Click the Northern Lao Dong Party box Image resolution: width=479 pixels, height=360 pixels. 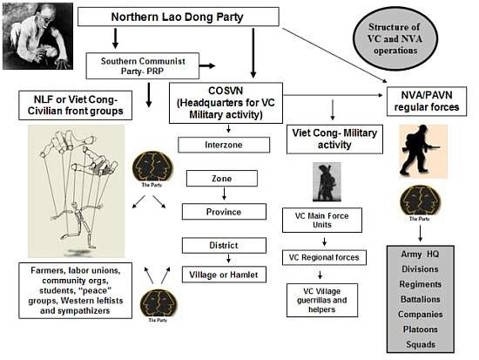tap(179, 17)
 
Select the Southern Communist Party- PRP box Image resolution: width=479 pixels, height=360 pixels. tap(143, 65)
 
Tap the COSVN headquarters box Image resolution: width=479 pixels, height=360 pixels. tap(226, 103)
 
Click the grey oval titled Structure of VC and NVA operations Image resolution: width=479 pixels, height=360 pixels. tap(395, 39)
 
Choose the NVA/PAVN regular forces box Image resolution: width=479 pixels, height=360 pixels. tap(427, 101)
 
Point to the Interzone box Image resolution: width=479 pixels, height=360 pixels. tap(224, 145)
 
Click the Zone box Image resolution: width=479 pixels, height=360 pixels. tap(222, 179)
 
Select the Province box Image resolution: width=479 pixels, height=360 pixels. tap(224, 212)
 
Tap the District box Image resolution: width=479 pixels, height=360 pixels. tap(224, 245)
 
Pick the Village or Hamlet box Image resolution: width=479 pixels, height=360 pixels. tap(224, 275)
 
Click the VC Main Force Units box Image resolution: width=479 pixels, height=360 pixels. tap(322, 220)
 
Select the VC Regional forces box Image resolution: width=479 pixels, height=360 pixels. tap(324, 257)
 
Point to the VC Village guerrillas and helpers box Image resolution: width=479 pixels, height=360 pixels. tap(322, 300)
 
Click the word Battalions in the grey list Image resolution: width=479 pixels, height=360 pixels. tap(421, 299)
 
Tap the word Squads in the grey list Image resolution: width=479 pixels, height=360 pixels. tap(421, 344)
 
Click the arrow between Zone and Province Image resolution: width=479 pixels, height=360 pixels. tap(224, 194)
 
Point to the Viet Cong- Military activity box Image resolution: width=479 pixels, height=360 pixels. tap(334, 139)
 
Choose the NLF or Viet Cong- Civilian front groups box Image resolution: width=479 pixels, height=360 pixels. tap(75, 105)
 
